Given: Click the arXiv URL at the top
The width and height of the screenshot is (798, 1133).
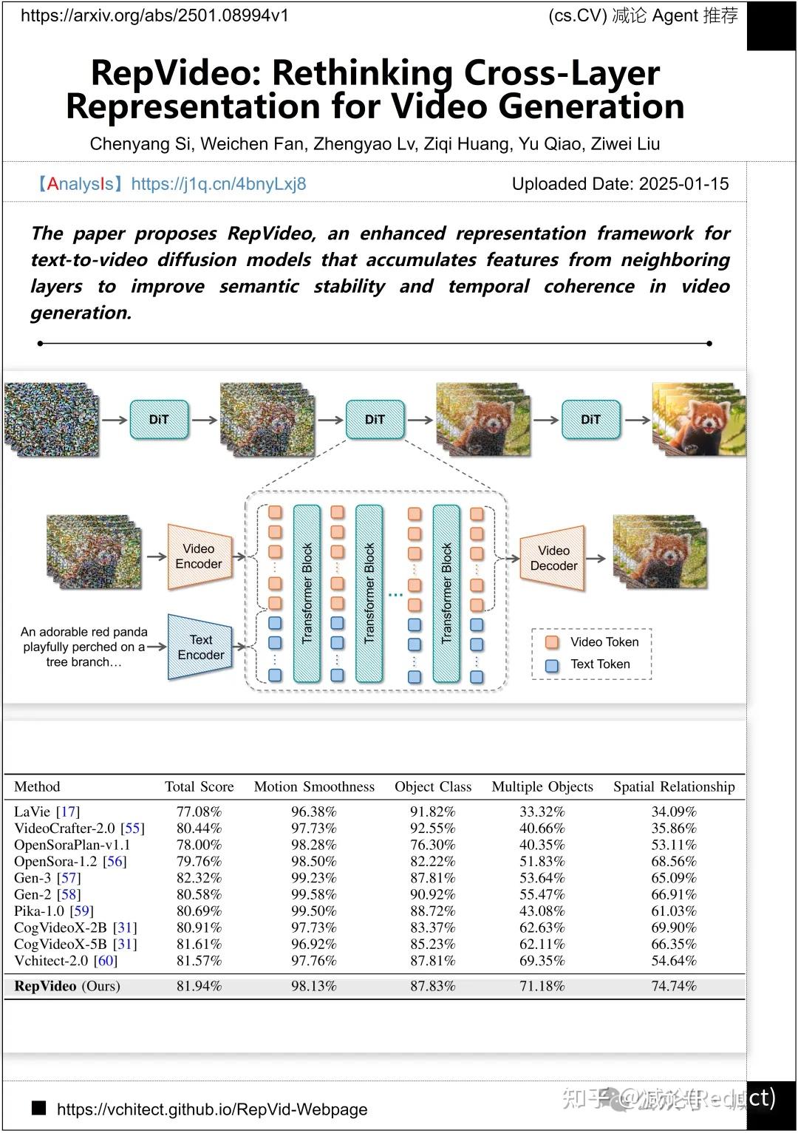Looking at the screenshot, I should click(154, 16).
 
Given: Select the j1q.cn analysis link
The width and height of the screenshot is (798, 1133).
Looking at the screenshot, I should click(218, 184).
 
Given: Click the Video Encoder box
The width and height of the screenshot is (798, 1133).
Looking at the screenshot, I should click(197, 557).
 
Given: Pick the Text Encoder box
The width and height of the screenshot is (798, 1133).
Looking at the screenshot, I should click(199, 647).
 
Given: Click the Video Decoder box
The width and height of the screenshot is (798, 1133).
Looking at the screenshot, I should click(553, 558).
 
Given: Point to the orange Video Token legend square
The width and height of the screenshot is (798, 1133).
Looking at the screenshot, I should click(551, 642).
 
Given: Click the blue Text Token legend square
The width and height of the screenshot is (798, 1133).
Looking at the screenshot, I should click(551, 664).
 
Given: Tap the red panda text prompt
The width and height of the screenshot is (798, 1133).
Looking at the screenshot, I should click(83, 647).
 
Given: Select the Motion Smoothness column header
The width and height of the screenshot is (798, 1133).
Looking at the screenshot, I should click(314, 786).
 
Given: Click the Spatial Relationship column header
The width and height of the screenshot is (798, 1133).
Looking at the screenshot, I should click(674, 786).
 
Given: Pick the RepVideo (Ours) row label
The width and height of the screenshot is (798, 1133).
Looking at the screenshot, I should click(66, 986).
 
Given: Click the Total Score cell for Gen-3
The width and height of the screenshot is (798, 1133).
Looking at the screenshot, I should click(199, 878).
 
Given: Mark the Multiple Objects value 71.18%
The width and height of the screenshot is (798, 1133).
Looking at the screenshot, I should click(542, 986).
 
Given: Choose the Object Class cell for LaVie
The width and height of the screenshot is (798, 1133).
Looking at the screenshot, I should click(432, 812).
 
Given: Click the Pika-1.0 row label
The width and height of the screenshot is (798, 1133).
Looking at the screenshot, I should click(53, 911).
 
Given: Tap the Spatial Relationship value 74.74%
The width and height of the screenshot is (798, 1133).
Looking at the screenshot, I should click(674, 986).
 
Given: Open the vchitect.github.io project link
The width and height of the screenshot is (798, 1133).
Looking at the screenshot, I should click(212, 1109).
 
